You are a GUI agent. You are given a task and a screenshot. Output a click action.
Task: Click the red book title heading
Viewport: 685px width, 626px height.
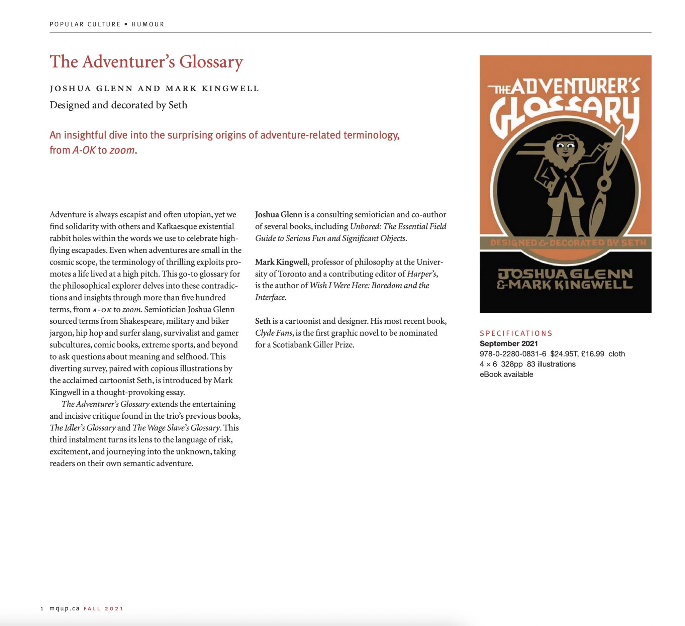146,62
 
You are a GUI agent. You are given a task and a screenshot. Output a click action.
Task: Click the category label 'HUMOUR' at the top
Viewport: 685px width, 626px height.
148,24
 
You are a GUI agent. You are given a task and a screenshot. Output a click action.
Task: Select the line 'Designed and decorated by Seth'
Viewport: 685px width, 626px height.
118,105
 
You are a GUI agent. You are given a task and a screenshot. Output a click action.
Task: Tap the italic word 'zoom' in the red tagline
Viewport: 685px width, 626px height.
122,150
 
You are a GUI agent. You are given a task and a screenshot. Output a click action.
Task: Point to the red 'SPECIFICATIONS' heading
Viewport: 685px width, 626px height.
516,333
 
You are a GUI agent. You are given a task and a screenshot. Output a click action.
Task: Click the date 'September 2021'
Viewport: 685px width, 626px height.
509,343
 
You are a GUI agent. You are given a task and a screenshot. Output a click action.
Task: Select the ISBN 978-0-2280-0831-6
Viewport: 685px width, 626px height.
513,354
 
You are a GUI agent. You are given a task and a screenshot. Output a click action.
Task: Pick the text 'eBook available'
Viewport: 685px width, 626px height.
506,374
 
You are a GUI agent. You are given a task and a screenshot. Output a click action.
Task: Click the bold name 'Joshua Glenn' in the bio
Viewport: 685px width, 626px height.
279,215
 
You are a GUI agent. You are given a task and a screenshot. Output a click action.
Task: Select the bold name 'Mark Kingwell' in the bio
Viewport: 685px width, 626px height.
281,262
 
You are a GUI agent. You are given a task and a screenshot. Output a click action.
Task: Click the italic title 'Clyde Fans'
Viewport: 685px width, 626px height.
274,333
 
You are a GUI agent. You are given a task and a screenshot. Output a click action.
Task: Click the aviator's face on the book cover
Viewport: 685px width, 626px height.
565,148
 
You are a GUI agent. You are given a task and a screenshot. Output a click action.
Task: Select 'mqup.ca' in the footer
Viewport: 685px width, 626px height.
65,608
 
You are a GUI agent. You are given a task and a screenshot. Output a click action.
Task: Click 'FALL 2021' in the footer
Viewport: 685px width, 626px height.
104,608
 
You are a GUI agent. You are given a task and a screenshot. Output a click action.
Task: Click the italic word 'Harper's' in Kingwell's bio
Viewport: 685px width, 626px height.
421,274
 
